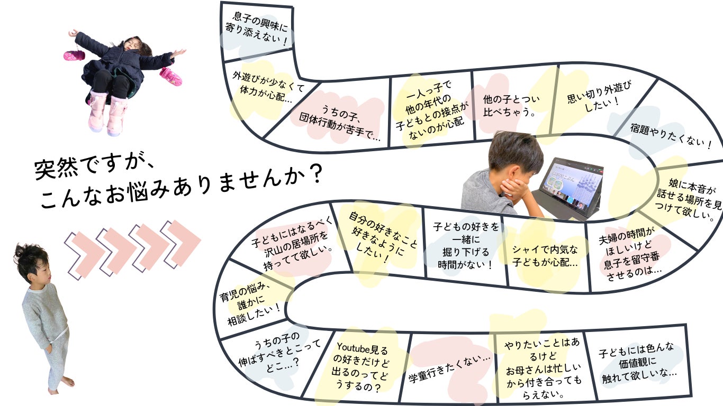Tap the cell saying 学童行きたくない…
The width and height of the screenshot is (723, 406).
pos(450,368)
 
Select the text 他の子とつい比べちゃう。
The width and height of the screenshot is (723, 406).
pos(510,105)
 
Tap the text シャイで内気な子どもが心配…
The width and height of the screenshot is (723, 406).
pos(545,256)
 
